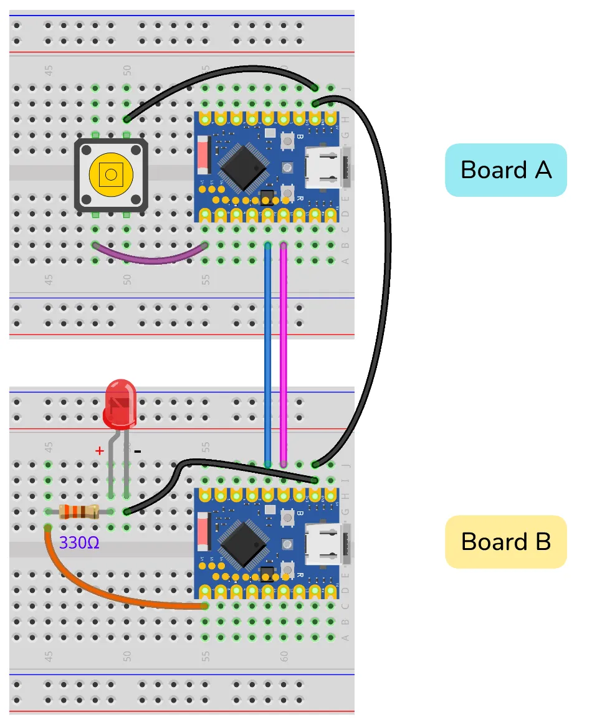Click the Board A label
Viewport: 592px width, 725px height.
point(505,170)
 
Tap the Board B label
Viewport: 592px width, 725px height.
point(505,541)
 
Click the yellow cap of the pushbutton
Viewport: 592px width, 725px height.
point(110,174)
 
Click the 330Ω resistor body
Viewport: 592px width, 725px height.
point(79,512)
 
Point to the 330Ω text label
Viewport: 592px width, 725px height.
point(79,543)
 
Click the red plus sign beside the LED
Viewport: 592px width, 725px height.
point(98,450)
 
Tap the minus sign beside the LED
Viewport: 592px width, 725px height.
point(138,450)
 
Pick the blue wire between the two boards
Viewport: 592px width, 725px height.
point(267,355)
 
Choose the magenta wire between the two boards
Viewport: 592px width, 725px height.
point(284,355)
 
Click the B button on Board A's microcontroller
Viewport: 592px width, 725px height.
point(287,142)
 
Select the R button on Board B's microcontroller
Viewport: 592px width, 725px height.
point(287,568)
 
